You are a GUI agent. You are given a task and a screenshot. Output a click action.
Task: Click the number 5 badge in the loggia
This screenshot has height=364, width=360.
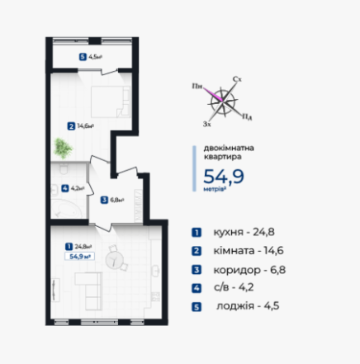83,57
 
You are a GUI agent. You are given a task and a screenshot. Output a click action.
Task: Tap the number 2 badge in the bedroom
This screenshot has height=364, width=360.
72,126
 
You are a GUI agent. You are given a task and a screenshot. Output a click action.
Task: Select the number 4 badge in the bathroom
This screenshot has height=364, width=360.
65,188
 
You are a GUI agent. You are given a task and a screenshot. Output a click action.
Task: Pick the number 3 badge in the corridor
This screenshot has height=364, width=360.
104,199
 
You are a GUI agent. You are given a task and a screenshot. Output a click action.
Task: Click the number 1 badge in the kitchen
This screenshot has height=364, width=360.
68,245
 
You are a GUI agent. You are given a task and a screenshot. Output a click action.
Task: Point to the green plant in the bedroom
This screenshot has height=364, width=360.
64,149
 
